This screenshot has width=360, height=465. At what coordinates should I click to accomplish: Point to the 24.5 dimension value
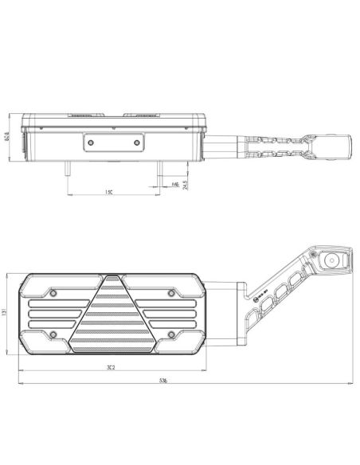point(186,185)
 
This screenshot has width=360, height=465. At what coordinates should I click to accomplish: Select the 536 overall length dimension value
point(184,381)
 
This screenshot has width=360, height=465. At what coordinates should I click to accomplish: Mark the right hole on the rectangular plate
point(137,143)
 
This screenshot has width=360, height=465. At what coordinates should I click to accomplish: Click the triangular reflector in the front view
point(112,318)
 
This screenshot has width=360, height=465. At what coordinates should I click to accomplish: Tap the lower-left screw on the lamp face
point(53,333)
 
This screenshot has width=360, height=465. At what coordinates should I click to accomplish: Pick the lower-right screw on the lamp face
point(171,333)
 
